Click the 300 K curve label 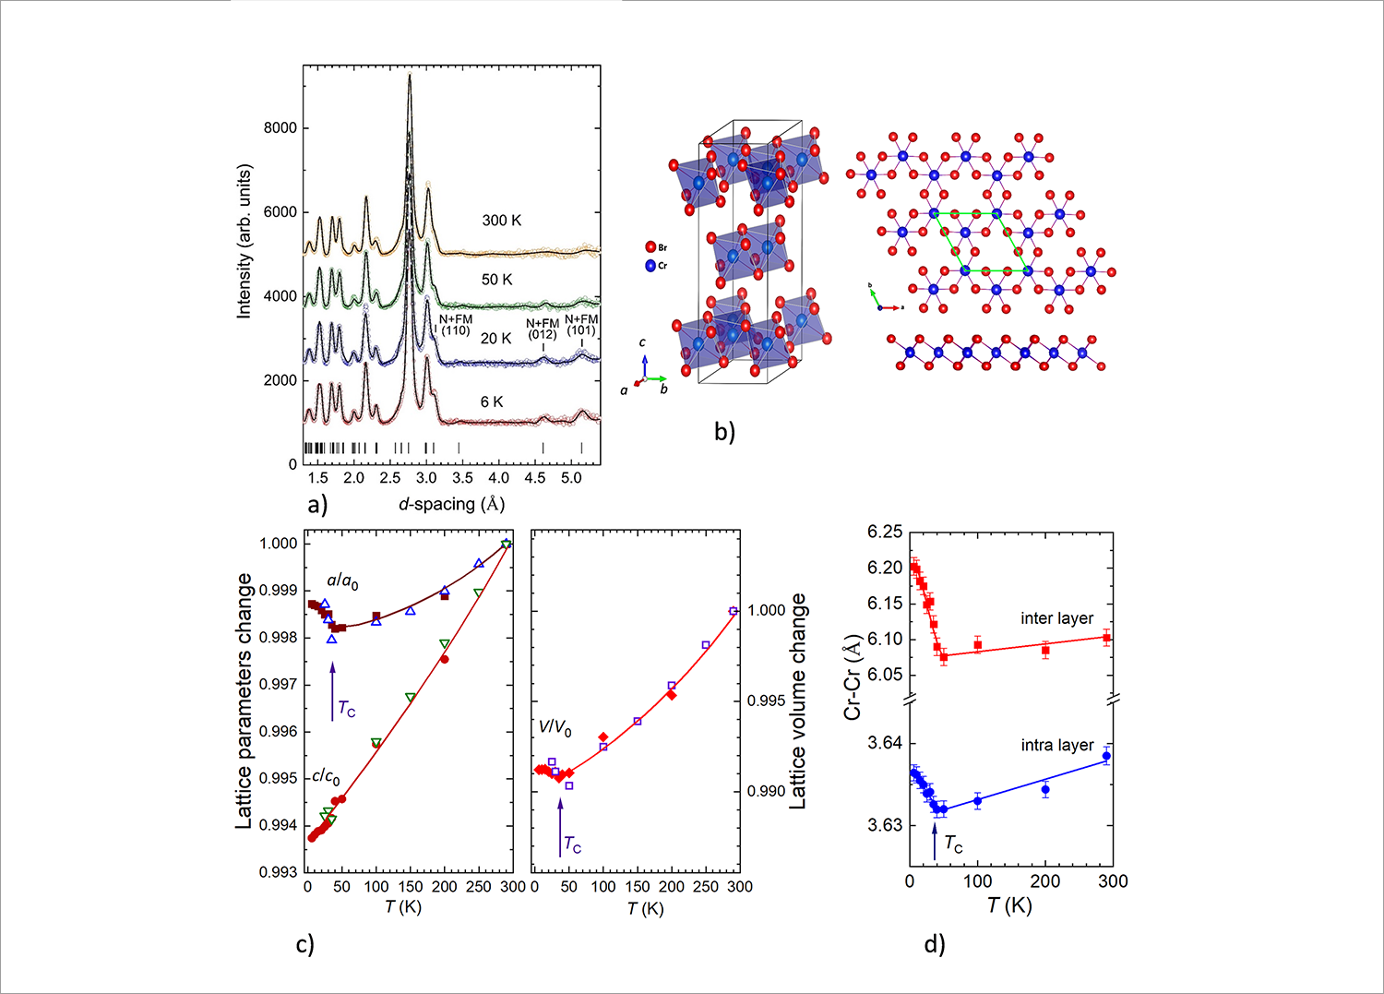pos(501,221)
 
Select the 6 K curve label pos(492,402)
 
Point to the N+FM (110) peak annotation pos(456,325)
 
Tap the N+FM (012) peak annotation pos(543,329)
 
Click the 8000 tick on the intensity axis pos(280,128)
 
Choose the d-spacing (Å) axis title pos(451,504)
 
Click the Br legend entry pos(656,247)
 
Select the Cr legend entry pos(656,266)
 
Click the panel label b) pos(724,431)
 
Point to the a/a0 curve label pos(342,581)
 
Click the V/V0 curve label pos(555,728)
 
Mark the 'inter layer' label pos(1056,618)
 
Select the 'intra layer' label pos(1056,745)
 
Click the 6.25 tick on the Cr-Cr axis pos(885,532)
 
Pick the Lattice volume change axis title pos(797,701)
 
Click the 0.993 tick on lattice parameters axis pos(279,872)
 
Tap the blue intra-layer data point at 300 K pos(1106,757)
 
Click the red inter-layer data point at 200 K pos(1045,651)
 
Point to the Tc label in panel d pos(953,844)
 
